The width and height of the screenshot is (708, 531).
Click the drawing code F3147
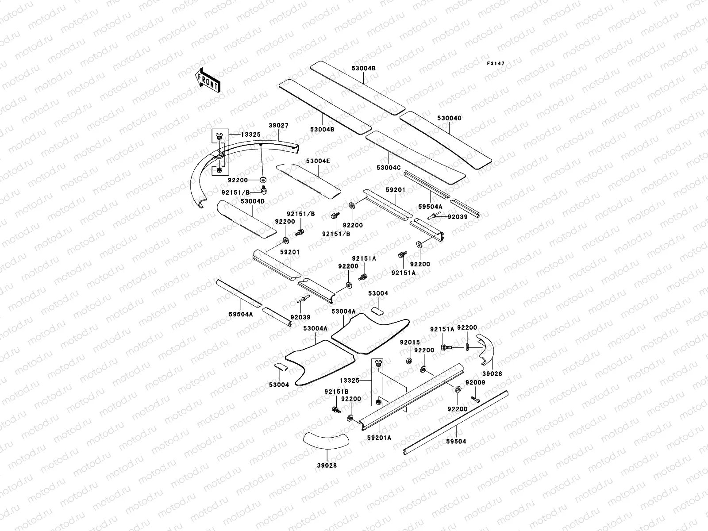496,64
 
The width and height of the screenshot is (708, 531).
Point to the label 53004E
318,161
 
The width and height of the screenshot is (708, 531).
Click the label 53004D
252,201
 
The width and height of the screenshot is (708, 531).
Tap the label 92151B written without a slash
336,392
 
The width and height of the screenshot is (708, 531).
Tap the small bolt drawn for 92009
476,399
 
